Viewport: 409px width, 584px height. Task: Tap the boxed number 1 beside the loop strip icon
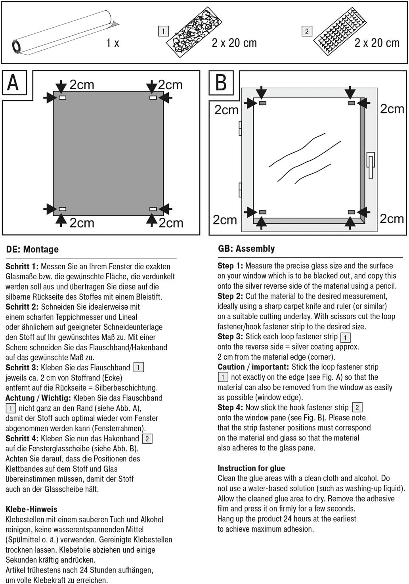tap(163, 31)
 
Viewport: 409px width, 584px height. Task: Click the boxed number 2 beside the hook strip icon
tap(307, 31)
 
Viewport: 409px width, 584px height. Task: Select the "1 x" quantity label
tap(113, 43)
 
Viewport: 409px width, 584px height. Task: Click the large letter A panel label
tap(13, 82)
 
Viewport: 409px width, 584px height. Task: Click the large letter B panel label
tap(221, 83)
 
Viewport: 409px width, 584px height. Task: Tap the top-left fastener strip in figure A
tap(62, 98)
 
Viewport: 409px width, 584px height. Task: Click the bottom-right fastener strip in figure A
tap(153, 209)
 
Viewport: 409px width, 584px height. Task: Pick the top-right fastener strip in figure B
tap(351, 103)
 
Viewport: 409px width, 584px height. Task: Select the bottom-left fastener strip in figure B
tap(262, 213)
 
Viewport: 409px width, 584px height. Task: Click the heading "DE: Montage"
tap(32, 249)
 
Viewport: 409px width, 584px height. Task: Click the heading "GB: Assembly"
tap(246, 249)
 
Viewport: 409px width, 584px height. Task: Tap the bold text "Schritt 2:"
tap(22, 307)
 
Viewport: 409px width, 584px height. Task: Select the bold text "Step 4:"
tap(230, 408)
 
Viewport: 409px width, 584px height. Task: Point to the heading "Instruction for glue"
tap(251, 468)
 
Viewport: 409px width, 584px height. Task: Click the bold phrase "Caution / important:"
tap(253, 367)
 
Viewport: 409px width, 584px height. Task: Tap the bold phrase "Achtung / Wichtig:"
tap(38, 398)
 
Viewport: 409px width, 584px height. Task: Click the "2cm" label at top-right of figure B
tap(392, 109)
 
